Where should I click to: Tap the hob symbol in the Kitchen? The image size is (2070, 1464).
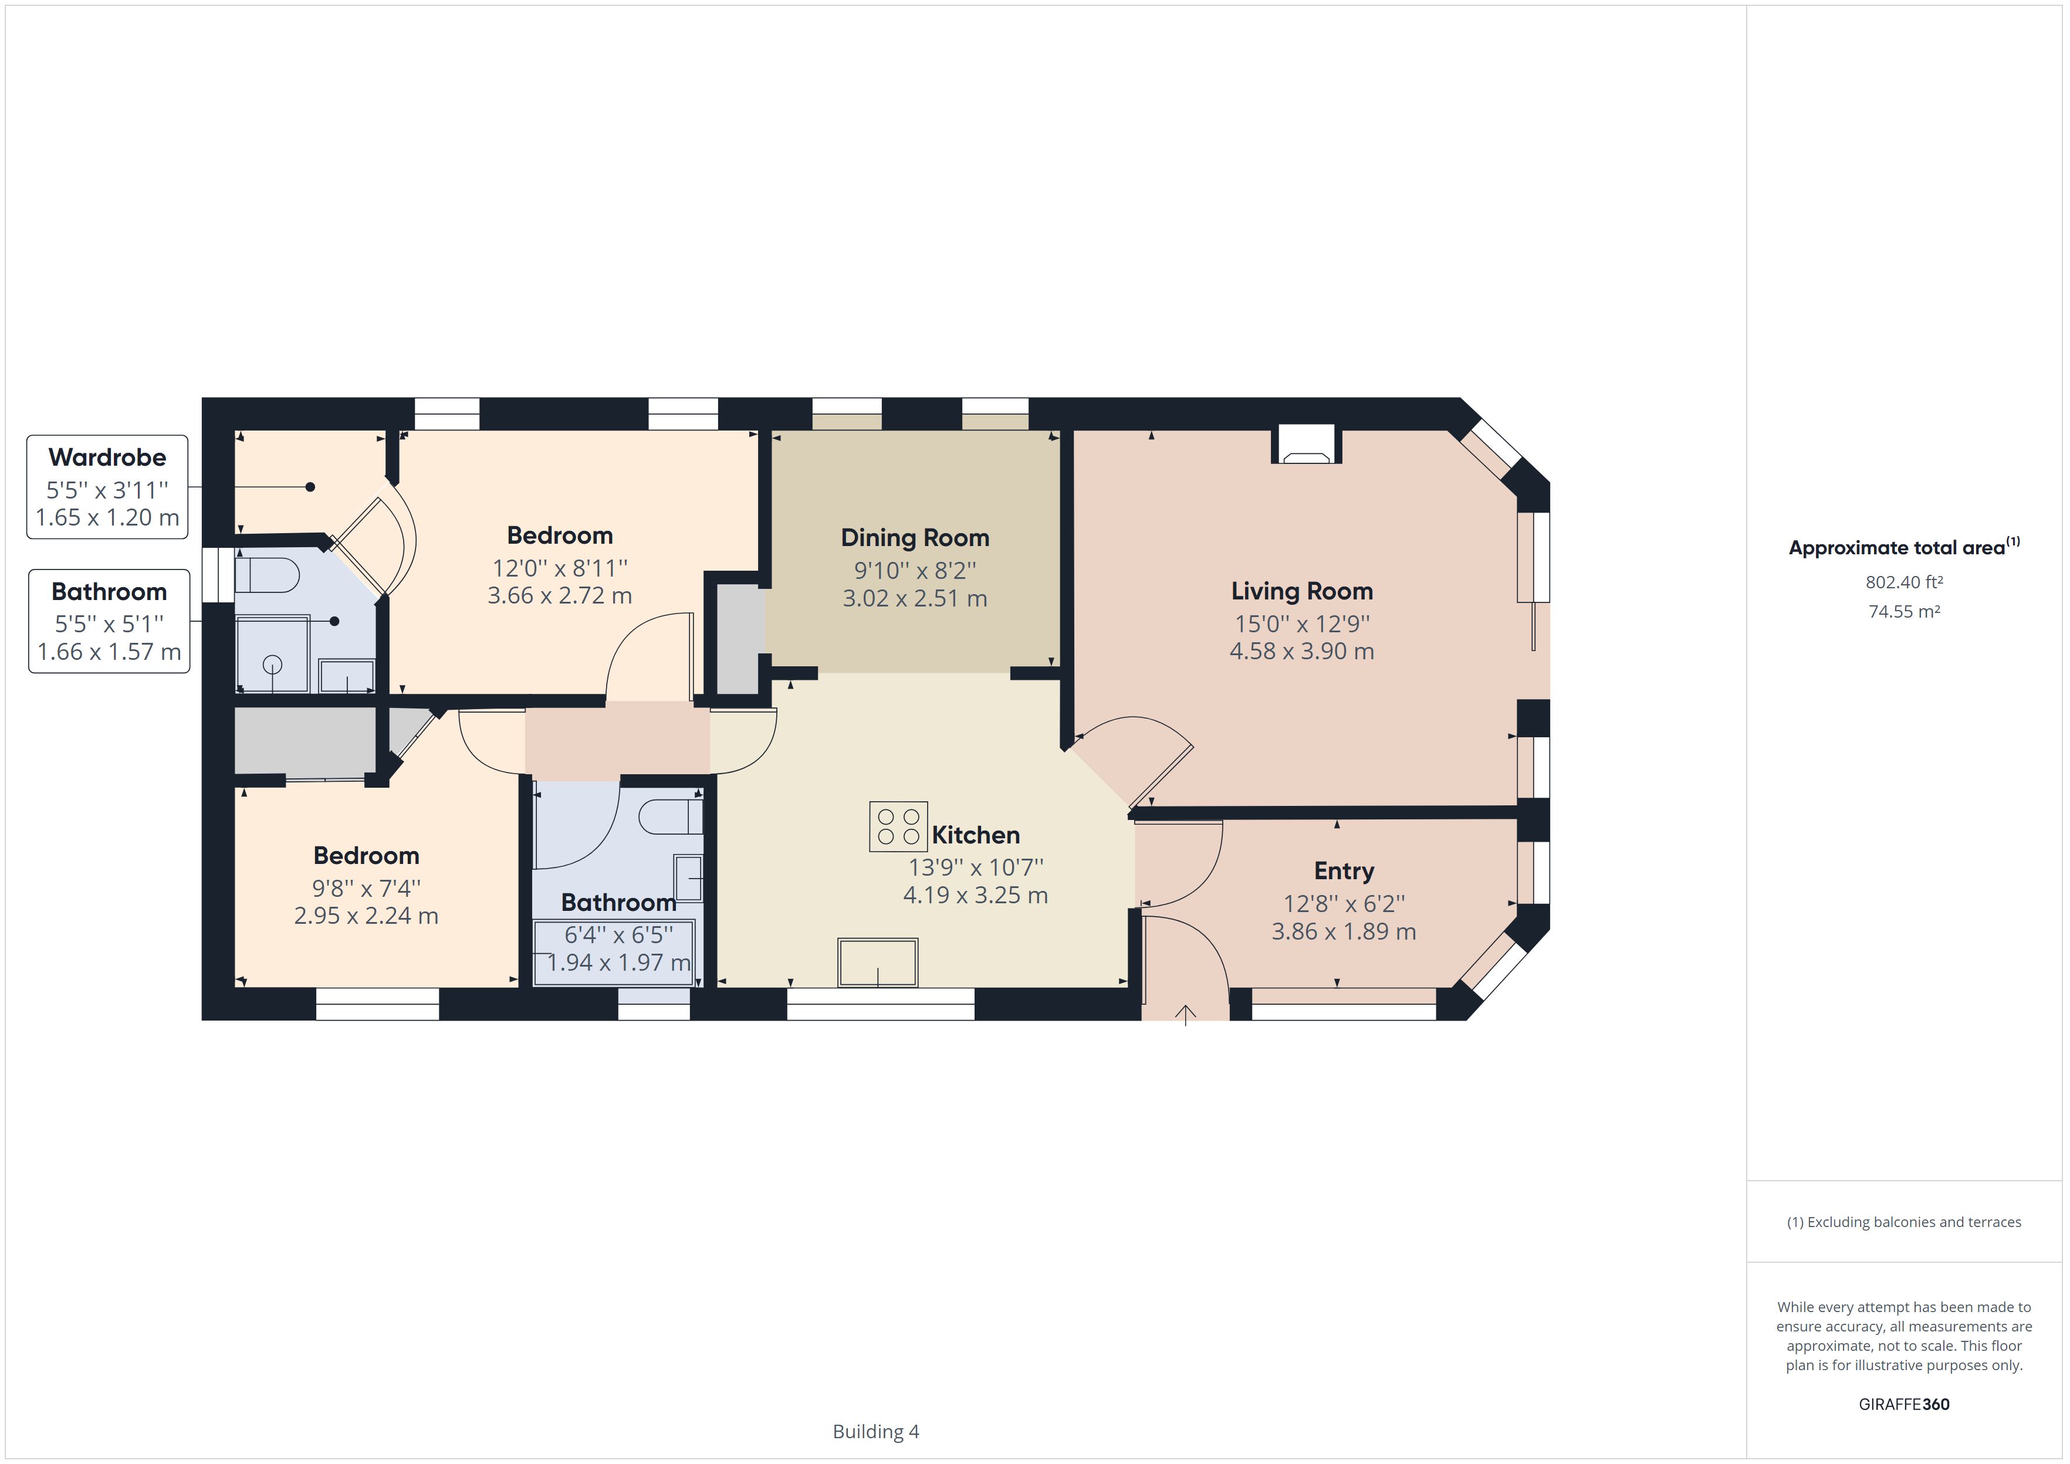(x=898, y=826)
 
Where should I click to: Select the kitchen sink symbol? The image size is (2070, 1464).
(x=877, y=962)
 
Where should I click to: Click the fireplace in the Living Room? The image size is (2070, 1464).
(x=1307, y=447)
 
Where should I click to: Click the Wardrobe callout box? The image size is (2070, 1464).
(x=107, y=487)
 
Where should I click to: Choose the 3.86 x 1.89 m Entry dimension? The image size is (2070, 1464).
(x=1344, y=931)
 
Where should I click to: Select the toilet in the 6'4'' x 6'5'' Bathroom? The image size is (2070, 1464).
(x=670, y=816)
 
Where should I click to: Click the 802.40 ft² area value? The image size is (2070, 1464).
(x=1903, y=582)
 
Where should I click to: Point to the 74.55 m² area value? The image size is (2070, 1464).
(x=1903, y=611)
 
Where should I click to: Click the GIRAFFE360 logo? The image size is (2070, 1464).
(x=1903, y=1404)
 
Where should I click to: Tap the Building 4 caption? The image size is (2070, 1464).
(x=875, y=1431)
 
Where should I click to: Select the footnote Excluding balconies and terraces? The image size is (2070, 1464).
(x=1903, y=1222)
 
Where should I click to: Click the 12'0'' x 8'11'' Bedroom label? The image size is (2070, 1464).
(x=559, y=536)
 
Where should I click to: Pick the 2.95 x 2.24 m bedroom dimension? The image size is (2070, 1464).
(x=366, y=916)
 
